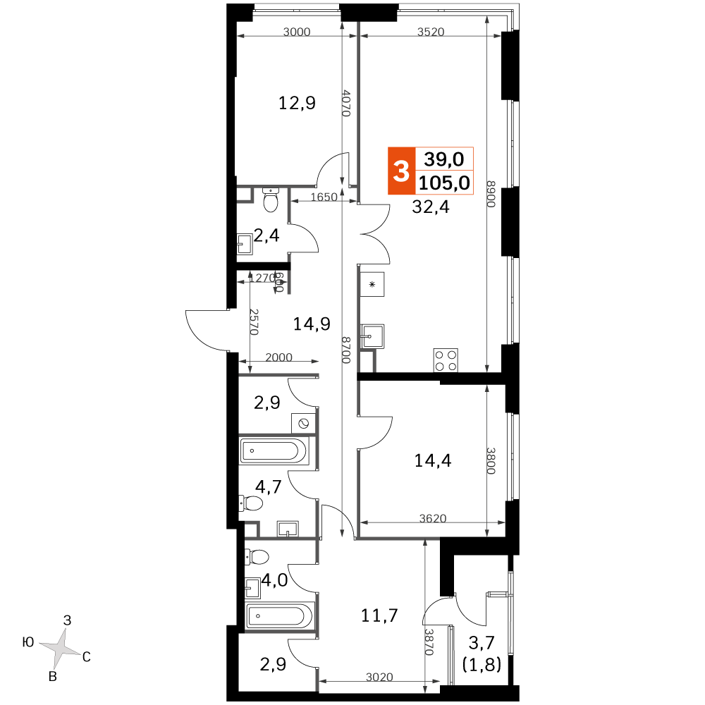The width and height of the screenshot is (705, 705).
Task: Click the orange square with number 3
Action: pos(402,171)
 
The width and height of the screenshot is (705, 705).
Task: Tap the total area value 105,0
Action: pos(444,183)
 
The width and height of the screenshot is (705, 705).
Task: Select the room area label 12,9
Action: pos(297,104)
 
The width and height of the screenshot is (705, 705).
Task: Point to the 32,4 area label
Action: pos(431,207)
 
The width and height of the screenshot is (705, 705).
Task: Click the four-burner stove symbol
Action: pos(446,360)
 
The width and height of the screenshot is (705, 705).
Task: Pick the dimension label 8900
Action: pos(491,194)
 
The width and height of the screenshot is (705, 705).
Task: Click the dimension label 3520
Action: pos(431,32)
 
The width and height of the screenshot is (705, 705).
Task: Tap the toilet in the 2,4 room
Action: pos(271,200)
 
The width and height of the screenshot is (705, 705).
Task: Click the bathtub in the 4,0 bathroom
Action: pos(280,615)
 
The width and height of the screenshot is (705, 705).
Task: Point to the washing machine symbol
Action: pos(303,423)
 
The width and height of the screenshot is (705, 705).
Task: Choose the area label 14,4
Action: pos(433,461)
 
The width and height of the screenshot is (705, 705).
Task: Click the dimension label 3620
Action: pos(433,518)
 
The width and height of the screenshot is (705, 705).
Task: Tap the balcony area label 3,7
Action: pos(482,643)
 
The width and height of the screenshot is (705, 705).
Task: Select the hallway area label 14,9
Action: pos(312,324)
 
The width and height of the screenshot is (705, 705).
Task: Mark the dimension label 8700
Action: pos(345,350)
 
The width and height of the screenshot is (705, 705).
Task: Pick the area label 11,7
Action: pos(379,615)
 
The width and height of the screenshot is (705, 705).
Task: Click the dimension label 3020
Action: pos(379,677)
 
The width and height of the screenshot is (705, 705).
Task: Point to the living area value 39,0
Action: pos(443,159)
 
